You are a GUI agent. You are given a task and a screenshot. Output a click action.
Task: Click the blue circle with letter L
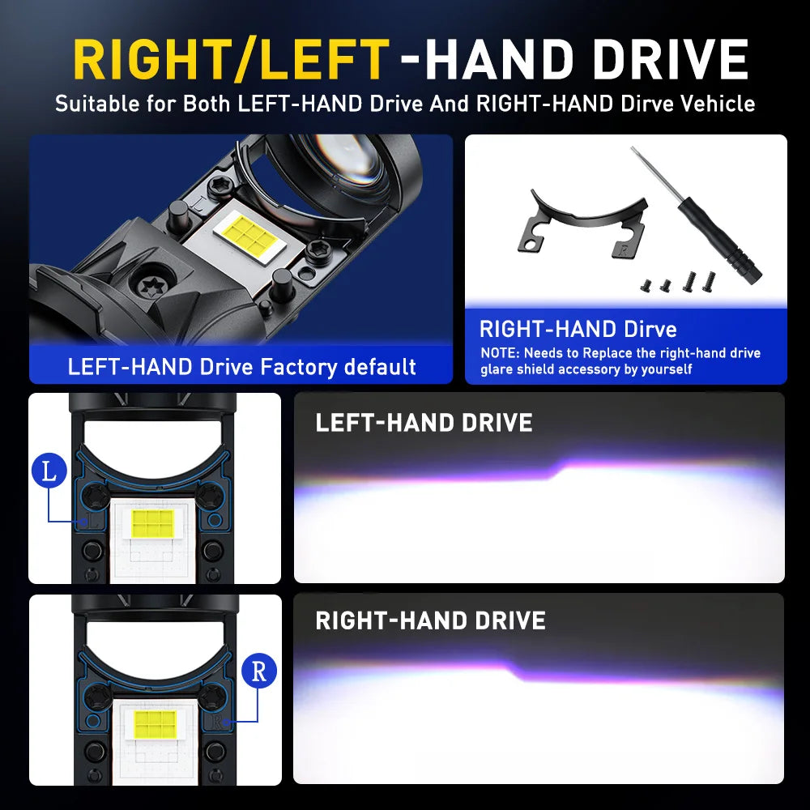point(49,471)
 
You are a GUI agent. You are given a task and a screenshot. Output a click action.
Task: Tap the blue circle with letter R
point(259,671)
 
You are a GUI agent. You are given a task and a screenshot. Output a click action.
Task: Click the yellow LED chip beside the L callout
point(153,523)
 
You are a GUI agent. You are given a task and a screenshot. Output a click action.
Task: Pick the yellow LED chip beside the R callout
point(156,724)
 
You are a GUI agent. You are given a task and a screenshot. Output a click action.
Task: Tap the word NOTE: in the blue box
point(500,353)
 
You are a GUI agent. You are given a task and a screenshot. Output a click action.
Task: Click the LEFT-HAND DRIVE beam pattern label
point(424,423)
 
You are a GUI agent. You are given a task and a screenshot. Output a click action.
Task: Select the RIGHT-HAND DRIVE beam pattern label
point(430,620)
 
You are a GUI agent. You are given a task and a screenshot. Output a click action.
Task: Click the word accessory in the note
point(590,369)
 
